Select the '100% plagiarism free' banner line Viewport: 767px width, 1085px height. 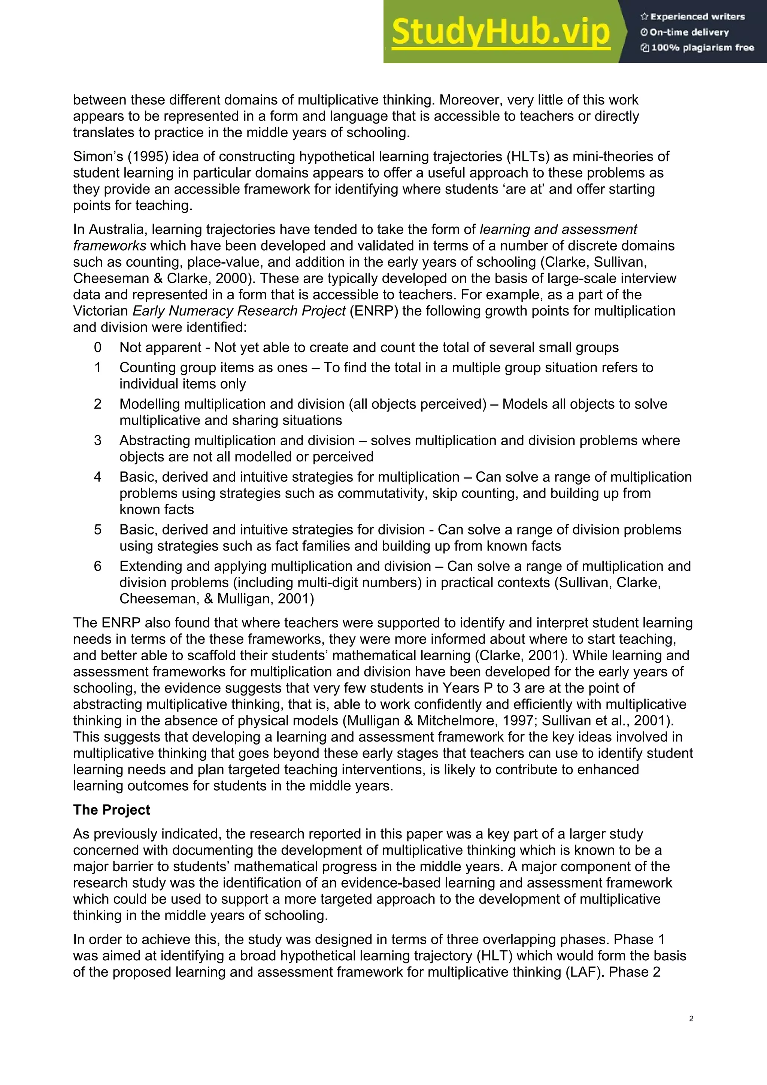tap(698, 48)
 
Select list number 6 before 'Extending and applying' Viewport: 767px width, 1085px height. tap(97, 566)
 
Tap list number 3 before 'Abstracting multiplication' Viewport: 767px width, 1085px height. tap(97, 440)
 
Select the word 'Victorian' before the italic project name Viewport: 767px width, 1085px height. tap(100, 311)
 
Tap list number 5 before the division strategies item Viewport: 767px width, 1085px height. tap(97, 530)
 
